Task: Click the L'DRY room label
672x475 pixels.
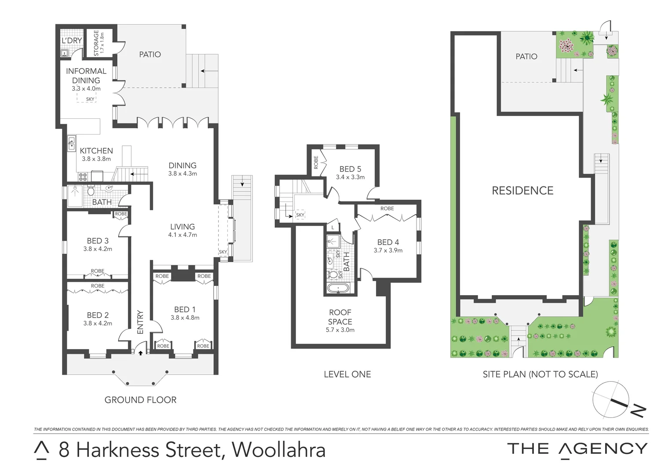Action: coord(72,41)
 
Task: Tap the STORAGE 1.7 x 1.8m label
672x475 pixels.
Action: coord(99,43)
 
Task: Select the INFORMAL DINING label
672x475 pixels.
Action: coord(86,76)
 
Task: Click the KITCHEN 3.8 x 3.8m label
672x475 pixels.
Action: coord(96,154)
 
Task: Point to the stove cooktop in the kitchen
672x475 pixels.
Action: coord(83,177)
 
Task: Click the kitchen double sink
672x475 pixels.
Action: coord(71,144)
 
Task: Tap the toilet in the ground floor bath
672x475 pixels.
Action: coord(91,191)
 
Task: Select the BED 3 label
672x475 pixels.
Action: coord(98,241)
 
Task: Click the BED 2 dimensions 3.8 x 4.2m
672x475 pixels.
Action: coord(98,323)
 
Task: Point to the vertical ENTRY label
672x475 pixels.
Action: coord(140,322)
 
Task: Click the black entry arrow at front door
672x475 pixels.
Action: coord(140,352)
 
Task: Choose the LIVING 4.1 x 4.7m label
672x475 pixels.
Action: coord(183,230)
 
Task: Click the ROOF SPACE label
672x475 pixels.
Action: coord(340,317)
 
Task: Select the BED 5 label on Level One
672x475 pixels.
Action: coord(350,169)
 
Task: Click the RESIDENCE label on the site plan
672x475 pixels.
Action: coord(522,190)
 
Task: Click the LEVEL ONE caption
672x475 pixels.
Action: coord(347,374)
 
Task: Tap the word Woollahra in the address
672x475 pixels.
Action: coord(279,450)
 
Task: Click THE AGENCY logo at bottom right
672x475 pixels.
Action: coord(577,449)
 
